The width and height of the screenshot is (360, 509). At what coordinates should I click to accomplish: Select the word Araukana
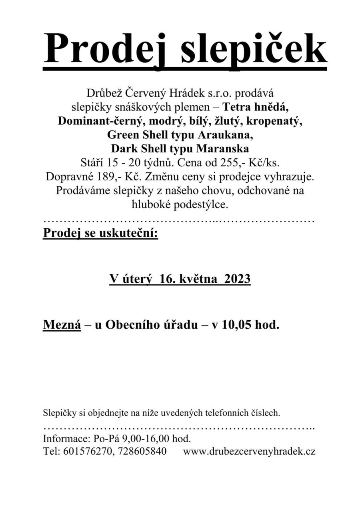coord(224,135)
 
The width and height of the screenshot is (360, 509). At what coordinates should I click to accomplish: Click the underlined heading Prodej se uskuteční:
coord(100,234)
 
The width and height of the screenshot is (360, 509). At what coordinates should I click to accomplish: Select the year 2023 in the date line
coord(235,279)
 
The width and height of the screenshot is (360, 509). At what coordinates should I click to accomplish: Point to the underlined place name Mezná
coord(62,325)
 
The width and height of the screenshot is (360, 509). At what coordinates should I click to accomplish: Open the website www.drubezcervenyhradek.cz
coord(249,451)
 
